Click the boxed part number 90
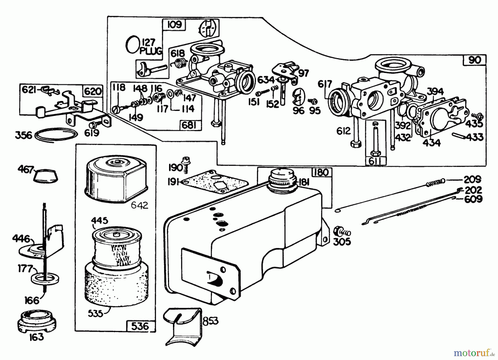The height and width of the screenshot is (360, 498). tap(475, 60)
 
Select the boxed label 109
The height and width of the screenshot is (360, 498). tap(175, 25)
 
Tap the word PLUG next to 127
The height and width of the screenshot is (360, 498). tap(151, 51)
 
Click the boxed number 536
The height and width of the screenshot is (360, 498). tap(140, 326)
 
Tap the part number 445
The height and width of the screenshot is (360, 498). tap(100, 221)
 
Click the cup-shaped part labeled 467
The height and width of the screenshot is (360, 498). tap(46, 176)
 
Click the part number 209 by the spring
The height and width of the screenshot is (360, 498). tap(472, 180)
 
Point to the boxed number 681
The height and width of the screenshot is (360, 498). tap(189, 125)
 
